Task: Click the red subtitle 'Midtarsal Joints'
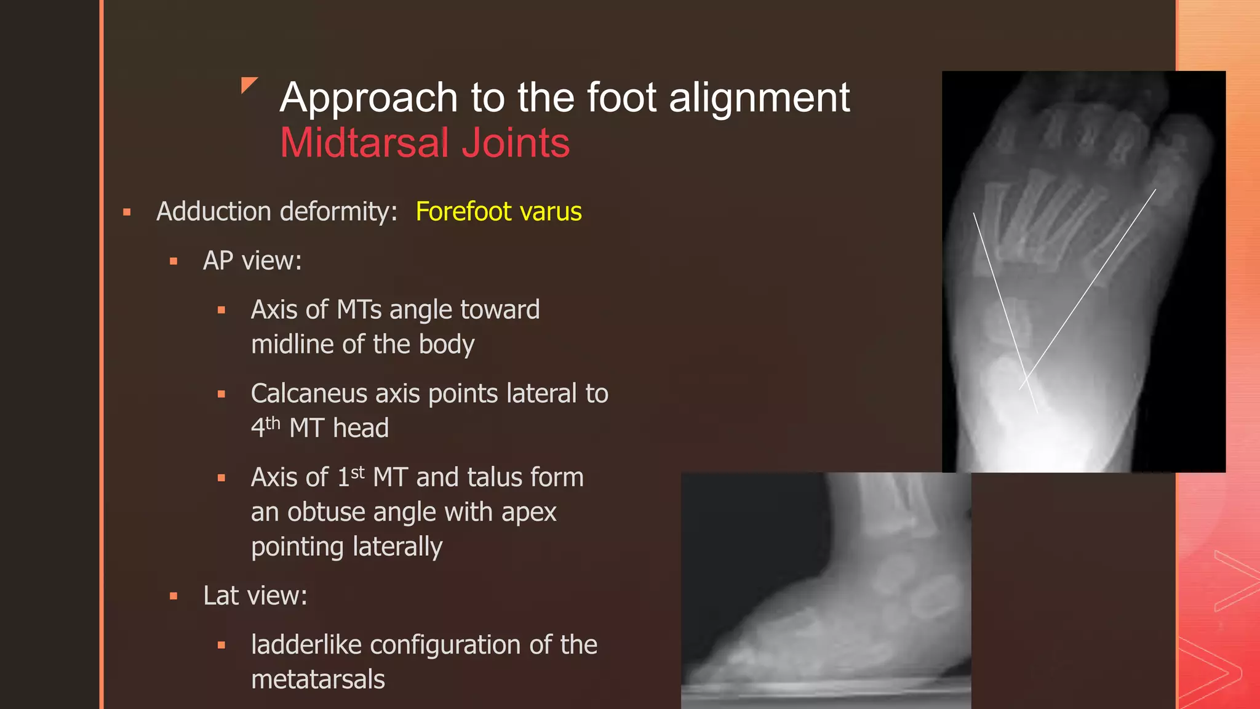(x=425, y=143)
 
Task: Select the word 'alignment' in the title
(x=759, y=98)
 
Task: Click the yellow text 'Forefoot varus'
(x=498, y=212)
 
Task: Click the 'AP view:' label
(x=252, y=261)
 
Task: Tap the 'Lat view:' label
(x=255, y=596)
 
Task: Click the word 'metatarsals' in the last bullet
(x=318, y=679)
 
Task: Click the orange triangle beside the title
(x=248, y=84)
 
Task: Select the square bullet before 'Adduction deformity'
(x=127, y=212)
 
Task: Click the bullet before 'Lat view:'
(x=173, y=596)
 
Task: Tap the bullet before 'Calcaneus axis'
(x=221, y=394)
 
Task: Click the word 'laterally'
(x=346, y=547)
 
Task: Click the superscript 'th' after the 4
(x=273, y=423)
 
